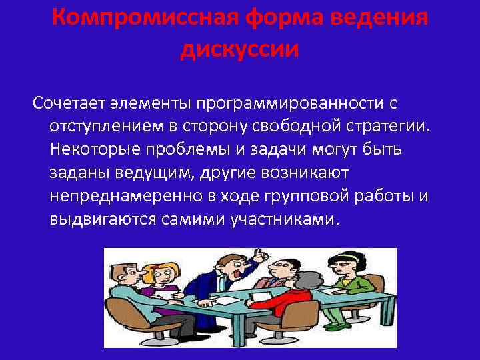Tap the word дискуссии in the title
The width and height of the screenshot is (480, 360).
click(x=239, y=49)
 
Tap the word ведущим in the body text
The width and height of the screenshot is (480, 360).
click(x=157, y=173)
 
